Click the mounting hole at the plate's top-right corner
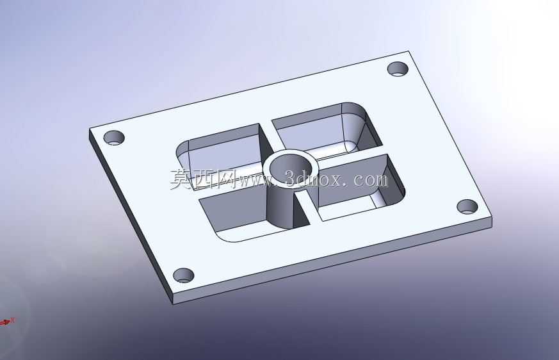398,69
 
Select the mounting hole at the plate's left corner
114,137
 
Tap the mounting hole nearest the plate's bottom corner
184,275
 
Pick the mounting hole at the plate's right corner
467,206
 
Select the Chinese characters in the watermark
202,178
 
